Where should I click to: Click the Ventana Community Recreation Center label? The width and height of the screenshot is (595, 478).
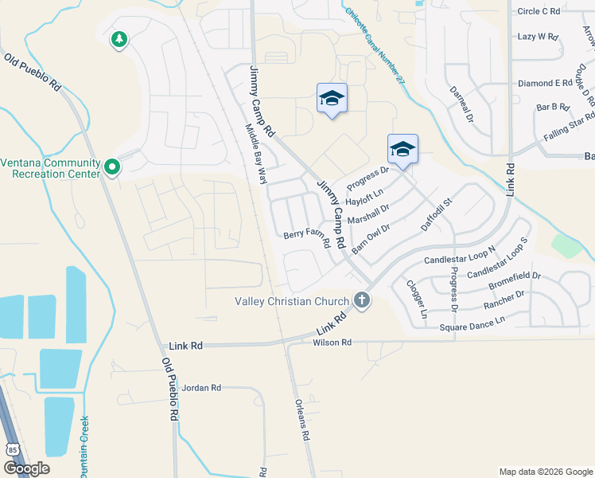(x=50, y=168)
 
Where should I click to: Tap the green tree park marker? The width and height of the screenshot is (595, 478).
(x=119, y=39)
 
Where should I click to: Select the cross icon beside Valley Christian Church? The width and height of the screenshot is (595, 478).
(x=362, y=301)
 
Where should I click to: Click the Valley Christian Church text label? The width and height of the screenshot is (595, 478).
(x=292, y=301)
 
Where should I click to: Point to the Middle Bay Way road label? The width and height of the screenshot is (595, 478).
(x=255, y=155)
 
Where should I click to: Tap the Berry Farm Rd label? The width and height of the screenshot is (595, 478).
(x=306, y=238)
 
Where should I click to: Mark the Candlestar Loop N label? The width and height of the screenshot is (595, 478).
(x=460, y=255)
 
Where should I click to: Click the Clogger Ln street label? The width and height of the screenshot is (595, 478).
(x=417, y=300)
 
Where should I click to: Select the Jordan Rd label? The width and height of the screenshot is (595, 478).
(x=201, y=388)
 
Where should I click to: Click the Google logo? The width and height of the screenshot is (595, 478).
(x=26, y=468)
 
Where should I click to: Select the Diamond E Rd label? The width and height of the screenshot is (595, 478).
(x=545, y=83)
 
